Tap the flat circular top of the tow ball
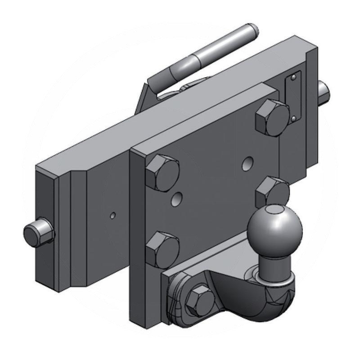[x=274, y=210]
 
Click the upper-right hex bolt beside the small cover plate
[x=272, y=117]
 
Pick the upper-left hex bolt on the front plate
[x=162, y=173]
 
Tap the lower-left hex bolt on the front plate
[x=162, y=249]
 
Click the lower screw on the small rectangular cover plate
[x=293, y=119]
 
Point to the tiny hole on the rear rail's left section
[x=112, y=215]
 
